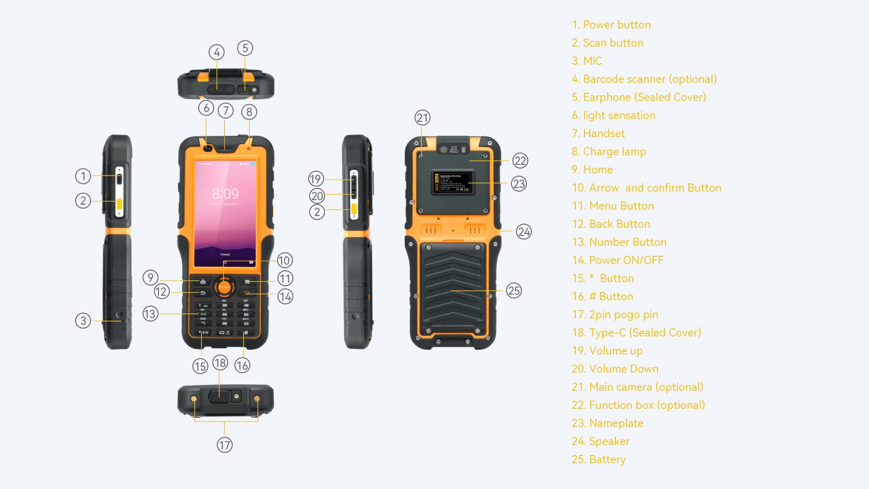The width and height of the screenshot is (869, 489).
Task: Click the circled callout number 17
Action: click(224, 445)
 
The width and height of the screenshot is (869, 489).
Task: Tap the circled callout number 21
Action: click(422, 118)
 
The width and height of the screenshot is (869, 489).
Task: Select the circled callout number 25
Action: click(514, 291)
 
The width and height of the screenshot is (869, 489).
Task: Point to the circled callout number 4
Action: click(217, 53)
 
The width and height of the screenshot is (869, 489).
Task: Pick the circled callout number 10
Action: click(284, 260)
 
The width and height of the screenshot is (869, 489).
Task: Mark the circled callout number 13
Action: click(150, 314)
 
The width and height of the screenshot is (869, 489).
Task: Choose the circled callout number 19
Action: click(316, 179)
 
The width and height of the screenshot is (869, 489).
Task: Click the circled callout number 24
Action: click(524, 232)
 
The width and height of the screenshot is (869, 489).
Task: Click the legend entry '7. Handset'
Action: click(598, 134)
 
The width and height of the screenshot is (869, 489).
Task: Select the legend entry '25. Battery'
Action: click(598, 460)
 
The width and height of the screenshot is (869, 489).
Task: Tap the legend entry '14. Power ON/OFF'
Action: click(617, 260)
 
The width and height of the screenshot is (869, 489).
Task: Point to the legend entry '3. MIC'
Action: click(587, 61)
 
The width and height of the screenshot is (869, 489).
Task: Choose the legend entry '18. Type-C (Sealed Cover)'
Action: click(636, 333)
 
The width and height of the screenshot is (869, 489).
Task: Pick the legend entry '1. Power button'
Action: click(611, 25)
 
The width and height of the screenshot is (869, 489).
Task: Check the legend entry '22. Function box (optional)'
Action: click(638, 405)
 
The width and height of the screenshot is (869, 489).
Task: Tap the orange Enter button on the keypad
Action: click(224, 287)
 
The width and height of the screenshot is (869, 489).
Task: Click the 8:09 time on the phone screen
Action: click(225, 194)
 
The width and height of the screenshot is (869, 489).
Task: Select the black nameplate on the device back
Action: click(452, 182)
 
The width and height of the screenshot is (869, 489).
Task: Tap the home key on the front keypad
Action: click(203, 282)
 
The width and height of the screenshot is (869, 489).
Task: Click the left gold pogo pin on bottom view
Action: click(194, 398)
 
